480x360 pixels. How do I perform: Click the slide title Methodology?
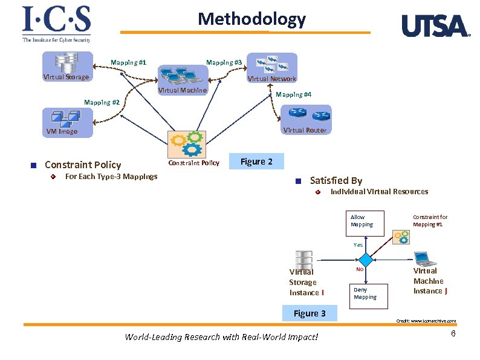251,19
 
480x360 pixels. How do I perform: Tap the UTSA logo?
435,26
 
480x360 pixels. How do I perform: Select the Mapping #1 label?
128,62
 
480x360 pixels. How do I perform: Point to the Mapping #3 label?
224,62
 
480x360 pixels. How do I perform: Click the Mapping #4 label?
293,94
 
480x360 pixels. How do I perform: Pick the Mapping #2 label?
102,102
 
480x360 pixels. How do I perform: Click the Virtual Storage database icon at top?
66,62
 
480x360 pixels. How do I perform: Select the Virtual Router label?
304,130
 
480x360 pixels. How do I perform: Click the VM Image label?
62,131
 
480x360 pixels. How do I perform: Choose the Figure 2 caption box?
256,162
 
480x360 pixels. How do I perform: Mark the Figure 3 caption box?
309,313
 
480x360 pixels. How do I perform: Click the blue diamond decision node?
368,260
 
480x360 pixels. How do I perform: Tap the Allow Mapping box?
362,221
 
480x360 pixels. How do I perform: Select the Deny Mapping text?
365,293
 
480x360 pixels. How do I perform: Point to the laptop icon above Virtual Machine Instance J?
425,258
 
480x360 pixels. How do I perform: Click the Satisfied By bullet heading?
336,180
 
